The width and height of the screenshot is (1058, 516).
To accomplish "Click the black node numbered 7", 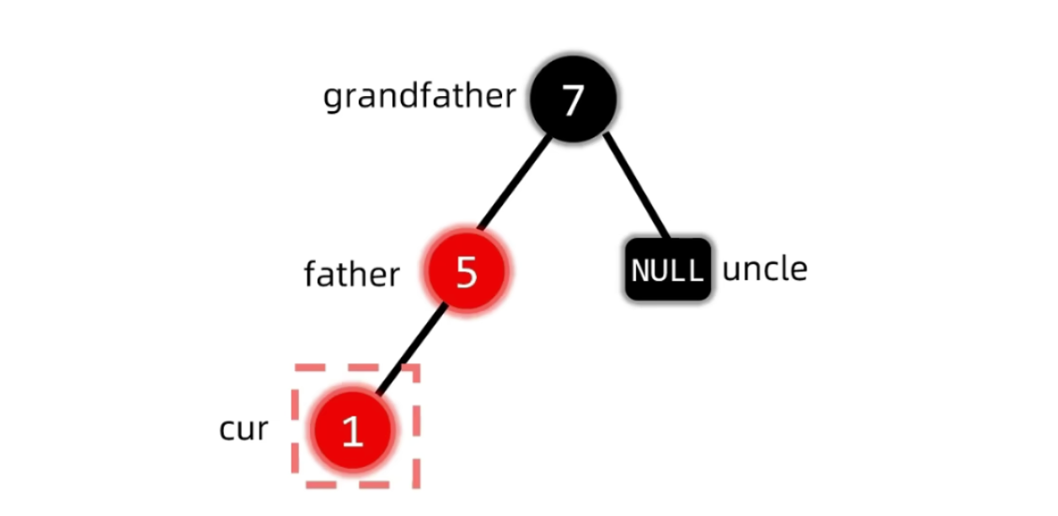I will pyautogui.click(x=573, y=99).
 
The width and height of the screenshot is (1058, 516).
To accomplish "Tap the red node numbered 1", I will pyautogui.click(x=352, y=430).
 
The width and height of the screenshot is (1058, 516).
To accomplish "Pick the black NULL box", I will pyautogui.click(x=667, y=270).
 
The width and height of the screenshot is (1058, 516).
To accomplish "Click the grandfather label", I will pyautogui.click(x=419, y=97).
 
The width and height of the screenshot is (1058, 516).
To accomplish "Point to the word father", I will pyautogui.click(x=351, y=274).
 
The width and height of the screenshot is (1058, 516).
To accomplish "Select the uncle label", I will pyautogui.click(x=765, y=269).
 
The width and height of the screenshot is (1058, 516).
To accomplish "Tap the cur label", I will pyautogui.click(x=243, y=429).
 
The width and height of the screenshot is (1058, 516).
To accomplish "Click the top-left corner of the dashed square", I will pyautogui.click(x=296, y=367).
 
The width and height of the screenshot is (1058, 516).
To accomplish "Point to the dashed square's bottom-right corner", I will pyautogui.click(x=417, y=485).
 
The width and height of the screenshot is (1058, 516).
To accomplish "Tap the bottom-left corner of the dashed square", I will pyautogui.click(x=296, y=485).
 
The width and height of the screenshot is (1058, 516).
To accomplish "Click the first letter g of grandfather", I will pyautogui.click(x=333, y=99).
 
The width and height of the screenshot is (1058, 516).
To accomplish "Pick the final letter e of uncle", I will pyautogui.click(x=799, y=270).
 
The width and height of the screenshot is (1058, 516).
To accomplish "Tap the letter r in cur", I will pyautogui.click(x=262, y=430).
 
